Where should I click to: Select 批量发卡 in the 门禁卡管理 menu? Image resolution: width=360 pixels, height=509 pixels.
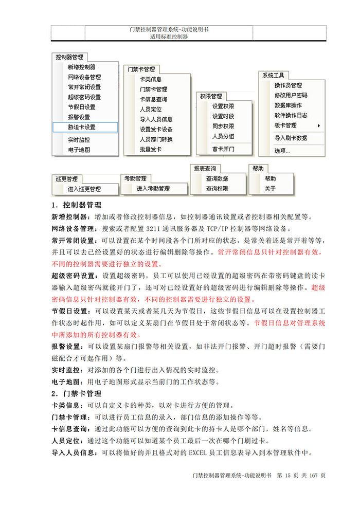151,150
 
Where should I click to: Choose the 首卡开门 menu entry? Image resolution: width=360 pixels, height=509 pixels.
223,149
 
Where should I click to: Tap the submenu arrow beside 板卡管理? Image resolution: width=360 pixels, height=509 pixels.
319,125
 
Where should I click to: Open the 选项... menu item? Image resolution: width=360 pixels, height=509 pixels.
282,151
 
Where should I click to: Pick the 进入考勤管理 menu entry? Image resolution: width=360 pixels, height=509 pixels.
153,189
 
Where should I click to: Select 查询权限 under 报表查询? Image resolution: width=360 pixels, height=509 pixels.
217,189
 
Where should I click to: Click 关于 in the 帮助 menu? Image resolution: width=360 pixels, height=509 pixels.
270,189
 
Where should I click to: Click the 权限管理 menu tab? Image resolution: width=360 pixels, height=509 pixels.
211,96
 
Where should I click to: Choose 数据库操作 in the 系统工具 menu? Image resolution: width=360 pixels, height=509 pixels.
289,105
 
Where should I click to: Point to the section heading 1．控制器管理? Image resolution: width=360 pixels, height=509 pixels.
77,205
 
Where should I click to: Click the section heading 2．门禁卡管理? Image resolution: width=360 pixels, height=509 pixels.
77,394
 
